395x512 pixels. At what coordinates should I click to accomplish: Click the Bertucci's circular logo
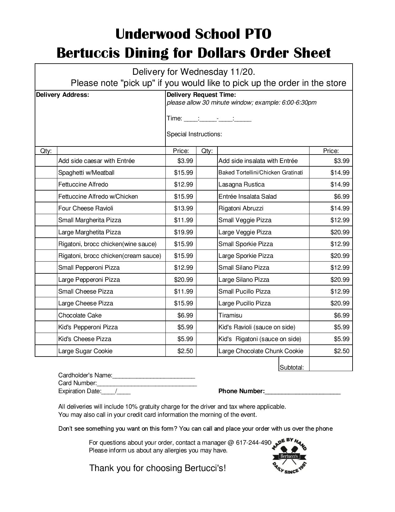point(289,456)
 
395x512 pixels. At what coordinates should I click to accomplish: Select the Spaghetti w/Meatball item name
point(86,173)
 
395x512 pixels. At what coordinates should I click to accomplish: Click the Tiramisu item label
point(230,315)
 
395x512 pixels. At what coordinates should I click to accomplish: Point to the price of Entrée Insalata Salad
point(341,196)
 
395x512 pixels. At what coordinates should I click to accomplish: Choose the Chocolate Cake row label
point(80,315)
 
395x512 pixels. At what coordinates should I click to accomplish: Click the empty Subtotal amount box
point(331,364)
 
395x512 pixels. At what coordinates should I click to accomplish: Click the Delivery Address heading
point(63,95)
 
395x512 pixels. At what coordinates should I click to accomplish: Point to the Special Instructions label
point(194,134)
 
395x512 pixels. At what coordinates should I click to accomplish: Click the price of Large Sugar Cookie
point(185,351)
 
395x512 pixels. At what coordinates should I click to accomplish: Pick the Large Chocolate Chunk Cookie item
point(261,351)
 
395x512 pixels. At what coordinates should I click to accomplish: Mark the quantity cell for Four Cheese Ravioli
point(46,208)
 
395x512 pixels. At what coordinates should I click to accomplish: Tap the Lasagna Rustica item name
point(241,185)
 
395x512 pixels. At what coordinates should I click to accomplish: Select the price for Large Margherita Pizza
point(183,232)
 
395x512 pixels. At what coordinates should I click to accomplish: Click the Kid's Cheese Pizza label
point(85,339)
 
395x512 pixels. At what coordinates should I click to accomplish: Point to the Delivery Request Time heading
point(201,95)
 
